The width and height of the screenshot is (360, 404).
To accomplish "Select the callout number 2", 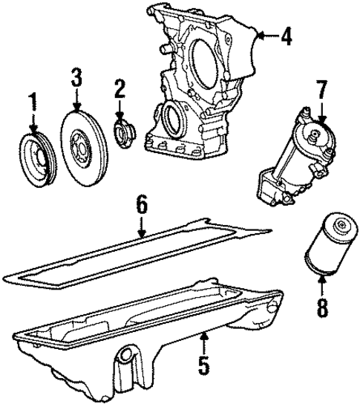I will click(x=118, y=92).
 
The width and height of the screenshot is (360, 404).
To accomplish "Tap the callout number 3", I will click(x=76, y=76).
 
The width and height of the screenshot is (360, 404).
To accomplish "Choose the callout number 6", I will click(x=140, y=204).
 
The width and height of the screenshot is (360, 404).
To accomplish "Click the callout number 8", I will click(x=321, y=307).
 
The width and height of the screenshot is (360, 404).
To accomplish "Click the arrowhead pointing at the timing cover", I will click(x=258, y=34).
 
